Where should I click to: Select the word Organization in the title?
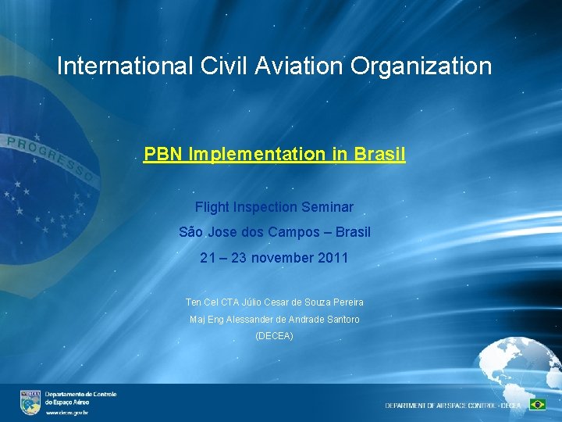tap(421, 66)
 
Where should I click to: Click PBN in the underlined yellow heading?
tap(164, 154)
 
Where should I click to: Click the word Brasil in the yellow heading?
tap(379, 154)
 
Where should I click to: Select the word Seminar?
tap(328, 207)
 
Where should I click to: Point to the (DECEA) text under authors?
tap(274, 336)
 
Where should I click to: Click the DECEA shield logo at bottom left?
tap(30, 402)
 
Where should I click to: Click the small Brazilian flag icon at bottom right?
tap(537, 405)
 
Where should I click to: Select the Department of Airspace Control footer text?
tap(453, 406)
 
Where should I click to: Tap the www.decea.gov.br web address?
tap(66, 412)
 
